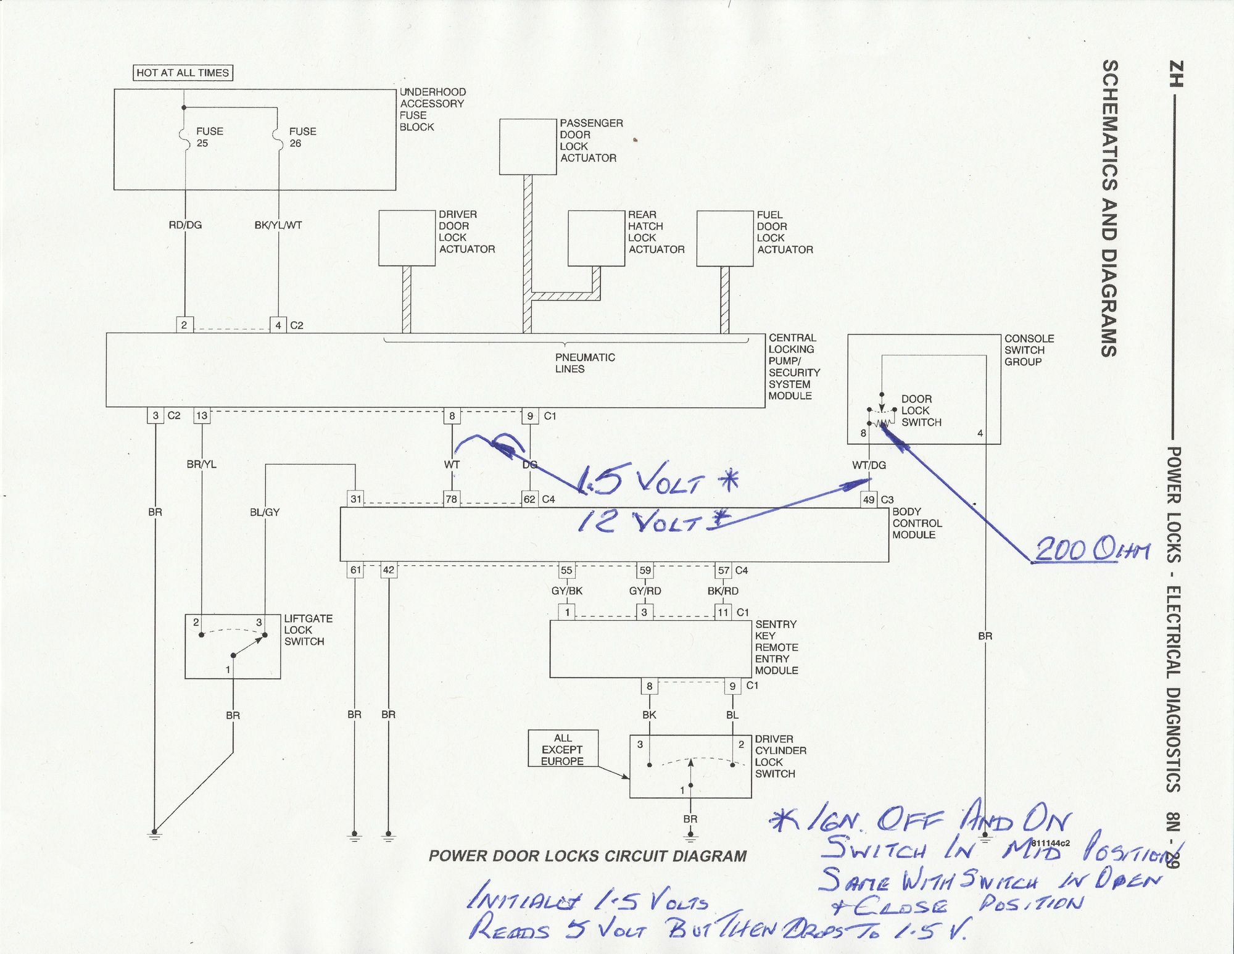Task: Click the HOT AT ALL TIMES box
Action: coord(183,73)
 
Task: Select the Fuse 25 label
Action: coord(209,137)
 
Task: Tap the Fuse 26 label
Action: coord(302,137)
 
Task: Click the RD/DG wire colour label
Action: coord(185,225)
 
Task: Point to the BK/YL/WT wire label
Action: coord(278,225)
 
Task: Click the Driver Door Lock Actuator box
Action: coord(407,238)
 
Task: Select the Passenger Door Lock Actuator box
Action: coord(528,147)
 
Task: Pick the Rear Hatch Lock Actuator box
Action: coord(597,238)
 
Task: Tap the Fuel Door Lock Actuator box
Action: coord(725,238)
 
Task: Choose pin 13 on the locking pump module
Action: coord(202,415)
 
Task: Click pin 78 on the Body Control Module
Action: coord(452,499)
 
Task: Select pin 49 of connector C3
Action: coord(869,499)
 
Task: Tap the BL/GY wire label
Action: coord(265,512)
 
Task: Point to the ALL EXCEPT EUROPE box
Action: coord(563,749)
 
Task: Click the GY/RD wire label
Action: coord(645,591)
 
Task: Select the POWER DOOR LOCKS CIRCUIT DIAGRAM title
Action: coord(587,856)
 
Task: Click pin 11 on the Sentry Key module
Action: coord(723,612)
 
